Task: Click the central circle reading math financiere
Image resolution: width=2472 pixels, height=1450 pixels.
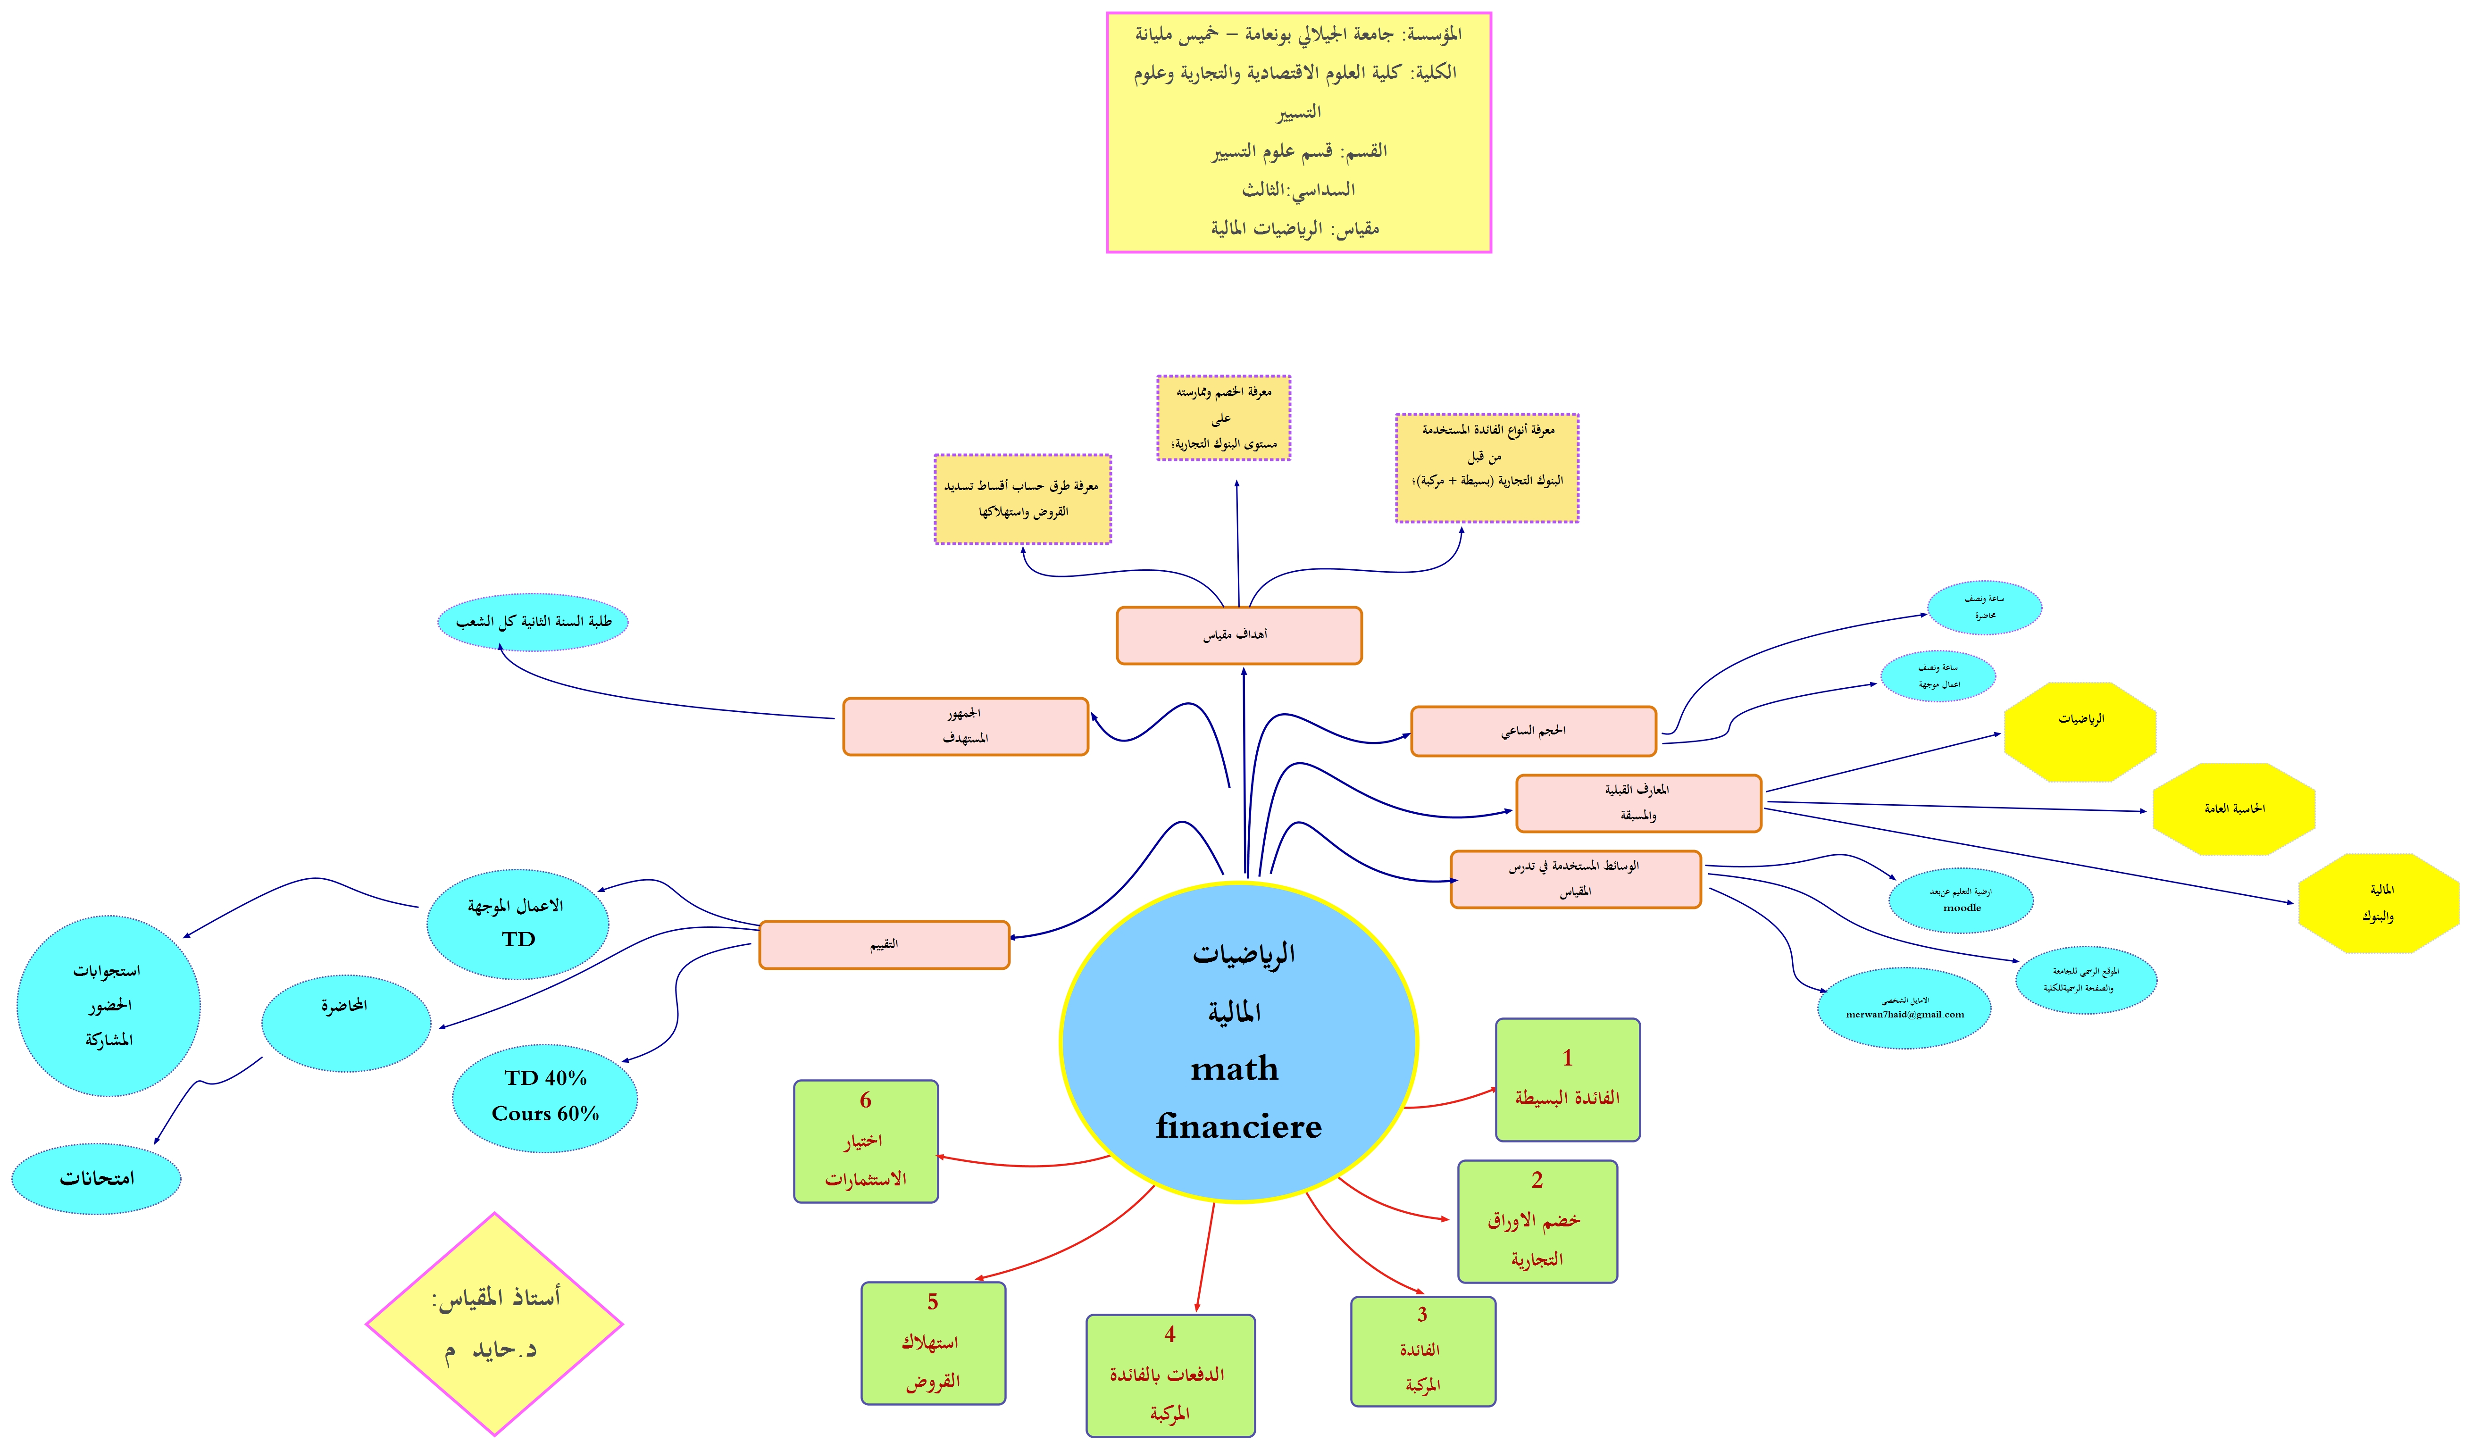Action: click(1238, 1042)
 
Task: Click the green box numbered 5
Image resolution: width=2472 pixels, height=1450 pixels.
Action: click(933, 1342)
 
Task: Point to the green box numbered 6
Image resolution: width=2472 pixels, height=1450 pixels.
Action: click(865, 1141)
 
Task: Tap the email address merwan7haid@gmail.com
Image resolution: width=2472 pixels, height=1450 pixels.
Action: click(1904, 1015)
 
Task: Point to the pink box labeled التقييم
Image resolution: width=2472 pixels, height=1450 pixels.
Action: click(884, 945)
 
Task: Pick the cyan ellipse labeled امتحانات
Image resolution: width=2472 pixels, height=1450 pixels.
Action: click(96, 1178)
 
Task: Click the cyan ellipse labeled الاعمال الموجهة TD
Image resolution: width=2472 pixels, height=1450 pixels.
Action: click(518, 923)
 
